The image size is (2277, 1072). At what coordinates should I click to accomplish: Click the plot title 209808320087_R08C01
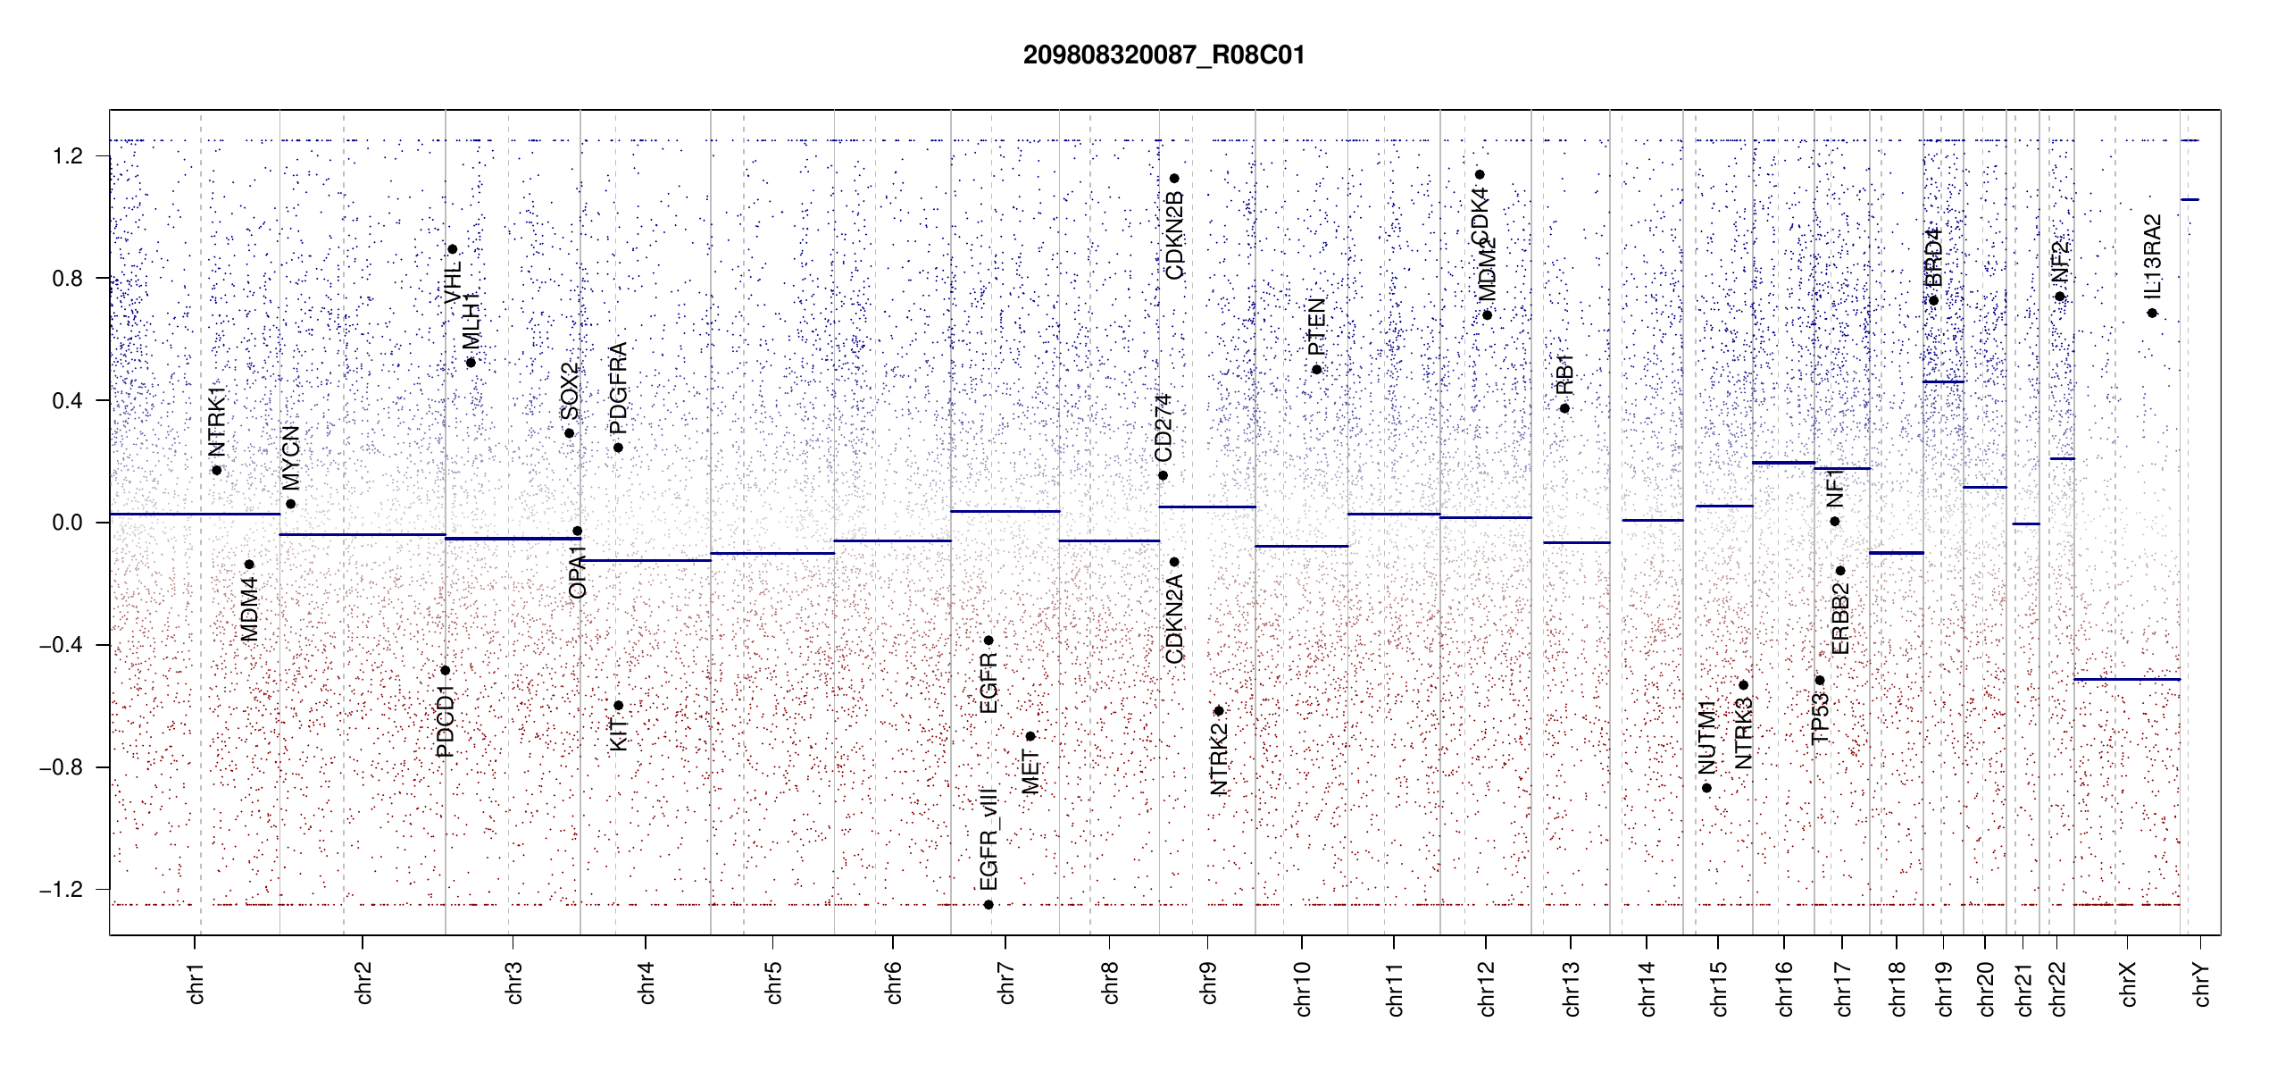1164,55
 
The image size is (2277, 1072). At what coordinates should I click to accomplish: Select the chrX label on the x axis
2129,984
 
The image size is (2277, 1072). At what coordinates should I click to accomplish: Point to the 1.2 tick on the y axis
68,156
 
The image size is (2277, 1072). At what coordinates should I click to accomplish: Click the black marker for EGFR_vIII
988,905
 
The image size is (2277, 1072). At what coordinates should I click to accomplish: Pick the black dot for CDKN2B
1174,179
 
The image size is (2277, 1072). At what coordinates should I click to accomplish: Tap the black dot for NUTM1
1706,788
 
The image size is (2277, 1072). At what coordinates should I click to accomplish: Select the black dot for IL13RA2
2152,313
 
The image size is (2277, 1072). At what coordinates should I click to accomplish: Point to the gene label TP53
1820,718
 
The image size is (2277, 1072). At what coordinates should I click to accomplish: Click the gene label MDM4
250,609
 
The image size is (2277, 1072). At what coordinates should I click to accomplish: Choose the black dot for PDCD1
445,670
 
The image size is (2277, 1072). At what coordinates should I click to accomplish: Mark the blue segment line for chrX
2126,680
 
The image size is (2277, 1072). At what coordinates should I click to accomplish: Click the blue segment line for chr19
1943,382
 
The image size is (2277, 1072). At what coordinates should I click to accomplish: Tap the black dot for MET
1030,736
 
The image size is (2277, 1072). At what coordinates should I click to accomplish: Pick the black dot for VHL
453,249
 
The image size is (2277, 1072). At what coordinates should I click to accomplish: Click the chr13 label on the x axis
1572,988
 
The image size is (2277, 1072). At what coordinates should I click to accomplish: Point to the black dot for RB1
1564,408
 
